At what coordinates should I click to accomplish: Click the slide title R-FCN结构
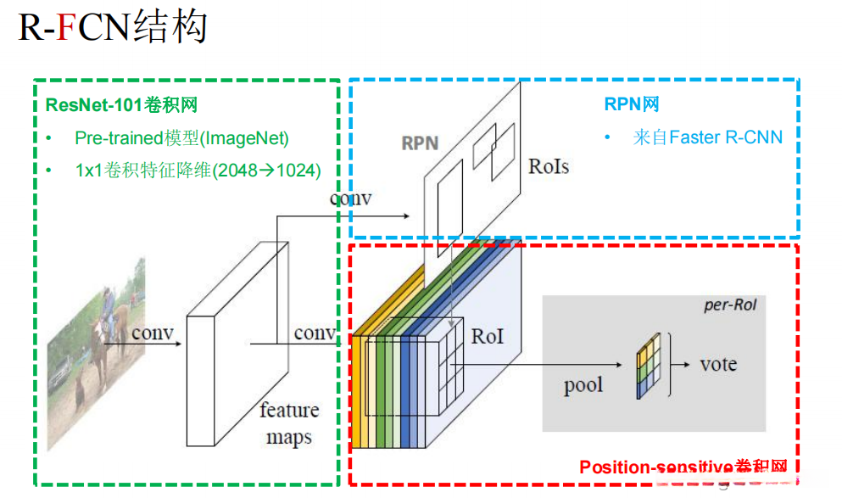pos(113,27)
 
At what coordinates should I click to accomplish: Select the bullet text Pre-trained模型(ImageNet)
pos(181,137)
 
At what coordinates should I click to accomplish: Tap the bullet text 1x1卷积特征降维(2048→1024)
pos(198,170)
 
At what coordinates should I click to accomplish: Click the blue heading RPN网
pos(632,104)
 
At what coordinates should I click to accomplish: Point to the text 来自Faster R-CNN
pos(707,137)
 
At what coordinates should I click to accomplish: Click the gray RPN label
pos(420,143)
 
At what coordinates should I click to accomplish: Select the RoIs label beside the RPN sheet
pos(548,165)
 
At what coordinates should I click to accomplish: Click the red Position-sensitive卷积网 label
pos(683,467)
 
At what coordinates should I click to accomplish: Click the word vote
pos(717,364)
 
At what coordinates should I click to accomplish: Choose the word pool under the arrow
pos(583,385)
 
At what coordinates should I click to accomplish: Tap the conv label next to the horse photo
pos(152,333)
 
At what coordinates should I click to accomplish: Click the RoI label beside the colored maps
pos(487,336)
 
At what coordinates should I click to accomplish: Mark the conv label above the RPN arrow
pos(350,199)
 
